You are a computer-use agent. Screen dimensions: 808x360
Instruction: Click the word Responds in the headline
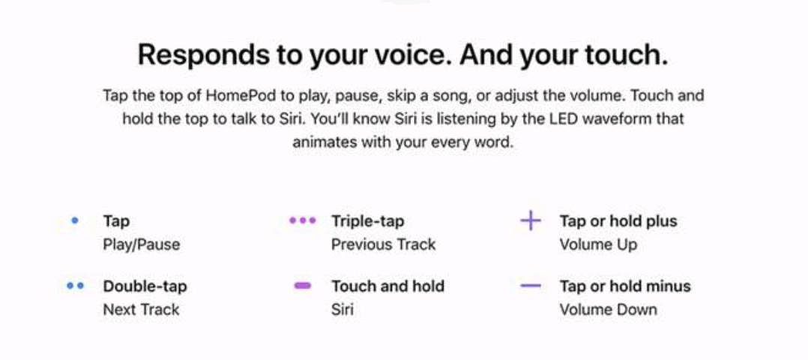[x=204, y=54]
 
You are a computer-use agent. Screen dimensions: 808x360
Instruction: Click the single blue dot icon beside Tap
[x=75, y=220]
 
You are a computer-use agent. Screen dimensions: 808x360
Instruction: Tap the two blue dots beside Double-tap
[x=75, y=285]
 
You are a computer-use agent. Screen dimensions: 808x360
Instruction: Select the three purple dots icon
[x=303, y=220]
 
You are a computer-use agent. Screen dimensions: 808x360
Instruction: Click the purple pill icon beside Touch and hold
[x=303, y=285]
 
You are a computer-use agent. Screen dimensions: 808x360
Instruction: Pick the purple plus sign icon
[x=530, y=220]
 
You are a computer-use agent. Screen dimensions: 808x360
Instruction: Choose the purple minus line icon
[x=531, y=285]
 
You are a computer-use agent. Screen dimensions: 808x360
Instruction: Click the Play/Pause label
[x=142, y=244]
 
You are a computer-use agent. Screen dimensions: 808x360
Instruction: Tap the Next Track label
[x=141, y=310]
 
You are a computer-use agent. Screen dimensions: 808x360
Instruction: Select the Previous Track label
[x=384, y=244]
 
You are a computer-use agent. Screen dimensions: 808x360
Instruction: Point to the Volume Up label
[x=598, y=244]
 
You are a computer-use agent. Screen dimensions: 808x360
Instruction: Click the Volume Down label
[x=608, y=310]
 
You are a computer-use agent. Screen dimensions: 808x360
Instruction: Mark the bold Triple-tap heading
[x=368, y=221]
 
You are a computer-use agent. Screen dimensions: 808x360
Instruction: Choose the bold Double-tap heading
[x=145, y=286]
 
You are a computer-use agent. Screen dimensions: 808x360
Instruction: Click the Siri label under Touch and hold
[x=342, y=310]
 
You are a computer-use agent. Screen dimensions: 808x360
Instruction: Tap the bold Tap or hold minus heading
[x=625, y=286]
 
